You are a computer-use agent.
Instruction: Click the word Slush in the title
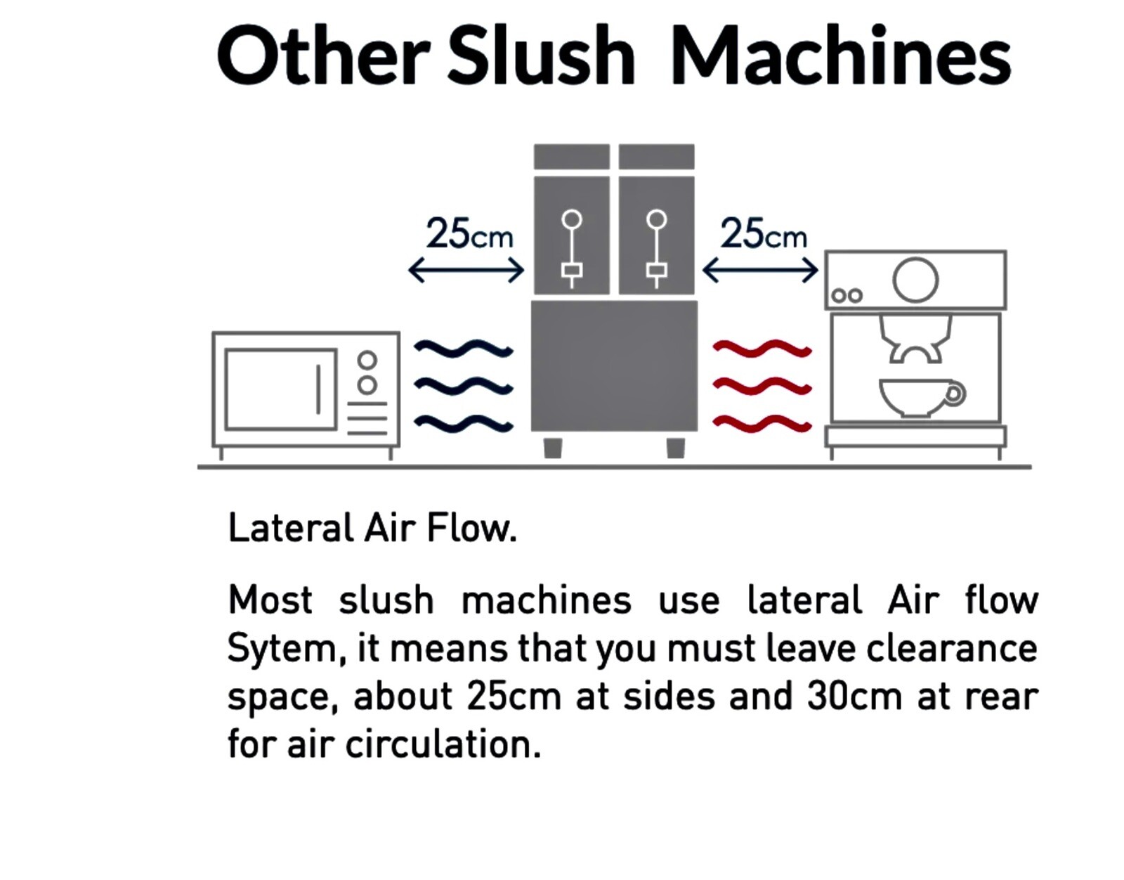541,55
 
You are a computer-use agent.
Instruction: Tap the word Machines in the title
841,55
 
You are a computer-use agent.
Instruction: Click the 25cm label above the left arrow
469,234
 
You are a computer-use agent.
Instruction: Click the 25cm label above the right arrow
763,234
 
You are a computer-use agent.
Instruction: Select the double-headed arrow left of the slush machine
466,270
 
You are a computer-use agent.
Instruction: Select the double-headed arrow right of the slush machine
760,270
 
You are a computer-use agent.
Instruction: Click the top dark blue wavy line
464,349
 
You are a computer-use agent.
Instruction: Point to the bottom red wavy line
762,423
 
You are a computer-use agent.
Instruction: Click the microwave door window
281,389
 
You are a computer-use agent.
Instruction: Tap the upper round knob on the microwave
367,361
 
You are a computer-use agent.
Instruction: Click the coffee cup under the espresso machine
922,397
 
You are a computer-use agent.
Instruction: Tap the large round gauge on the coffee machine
915,280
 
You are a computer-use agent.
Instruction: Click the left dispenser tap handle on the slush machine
572,248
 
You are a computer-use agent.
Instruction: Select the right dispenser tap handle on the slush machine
656,248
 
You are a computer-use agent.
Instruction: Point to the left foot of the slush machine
553,448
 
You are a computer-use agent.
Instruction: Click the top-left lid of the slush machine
572,157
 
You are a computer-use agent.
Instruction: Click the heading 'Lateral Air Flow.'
372,528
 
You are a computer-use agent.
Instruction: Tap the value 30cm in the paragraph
854,697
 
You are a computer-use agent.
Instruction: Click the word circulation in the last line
443,744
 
